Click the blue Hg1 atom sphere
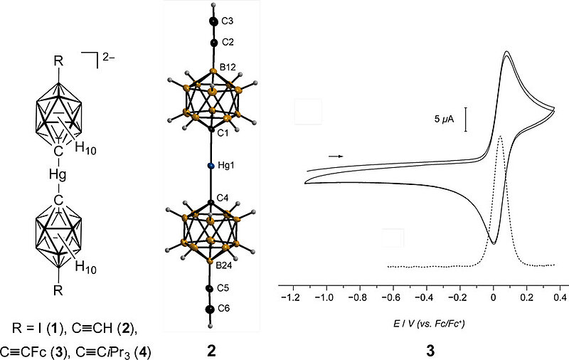click(211, 166)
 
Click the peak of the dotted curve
click(501, 137)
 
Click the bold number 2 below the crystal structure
click(210, 349)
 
